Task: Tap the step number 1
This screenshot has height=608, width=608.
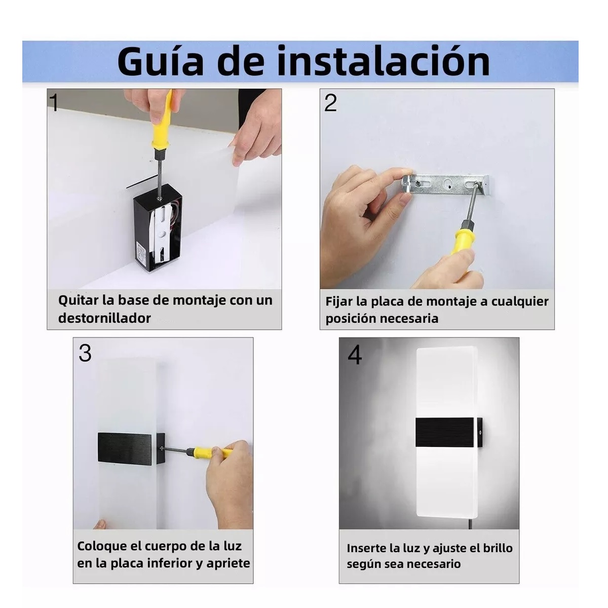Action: click(54, 102)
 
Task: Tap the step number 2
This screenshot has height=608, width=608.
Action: click(330, 103)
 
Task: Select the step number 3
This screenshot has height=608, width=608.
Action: click(85, 353)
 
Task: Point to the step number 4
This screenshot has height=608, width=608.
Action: click(355, 355)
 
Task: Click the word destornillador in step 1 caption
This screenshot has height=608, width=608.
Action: click(104, 318)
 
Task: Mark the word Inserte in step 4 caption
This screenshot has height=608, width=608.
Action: click(367, 548)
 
